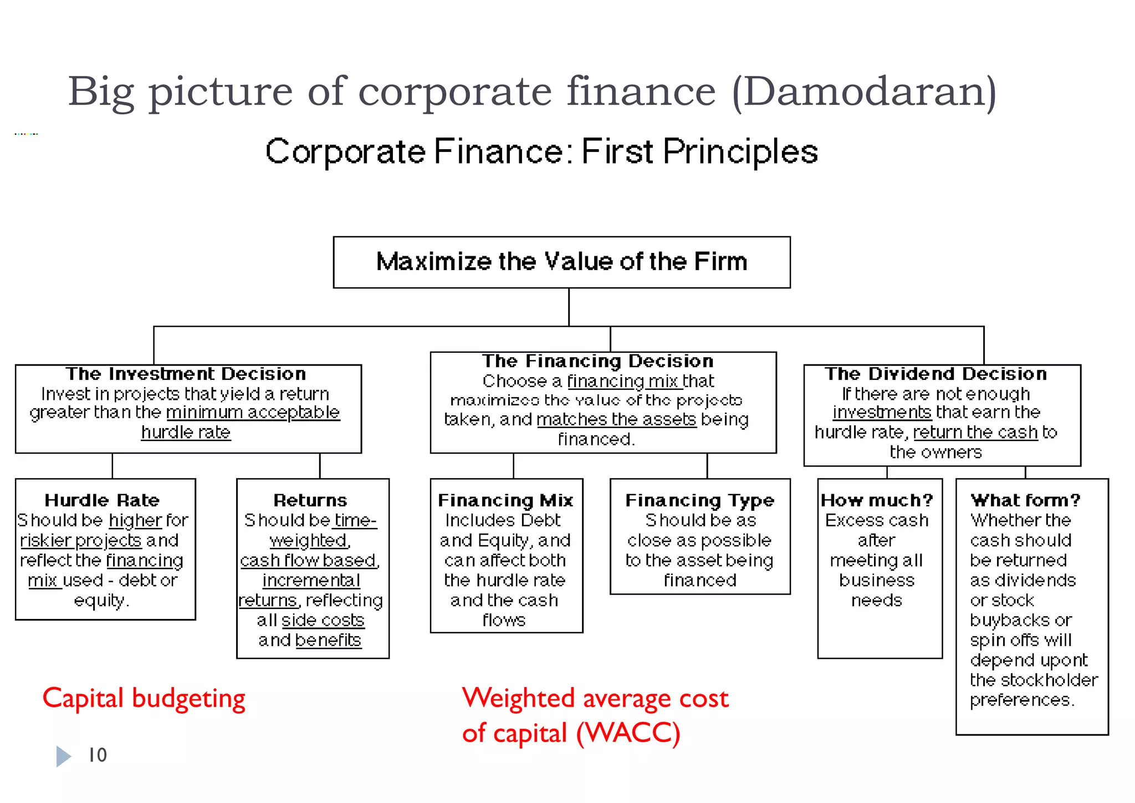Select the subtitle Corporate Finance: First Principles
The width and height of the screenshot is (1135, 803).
click(x=541, y=151)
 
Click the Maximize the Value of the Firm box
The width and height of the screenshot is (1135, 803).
click(x=561, y=262)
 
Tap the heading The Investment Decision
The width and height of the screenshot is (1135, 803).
click(x=186, y=374)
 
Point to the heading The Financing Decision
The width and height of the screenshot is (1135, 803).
click(x=598, y=361)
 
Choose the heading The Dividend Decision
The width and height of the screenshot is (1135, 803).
click(x=936, y=374)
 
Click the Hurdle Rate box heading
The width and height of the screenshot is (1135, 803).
click(x=102, y=500)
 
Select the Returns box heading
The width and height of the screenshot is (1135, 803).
click(x=310, y=500)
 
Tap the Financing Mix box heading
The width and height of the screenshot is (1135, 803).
click(x=505, y=500)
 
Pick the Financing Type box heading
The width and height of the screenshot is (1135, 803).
click(x=699, y=500)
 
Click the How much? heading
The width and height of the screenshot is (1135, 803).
click(x=877, y=500)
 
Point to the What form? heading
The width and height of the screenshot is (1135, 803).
click(x=1025, y=500)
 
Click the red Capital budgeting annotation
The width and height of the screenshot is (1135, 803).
click(x=144, y=698)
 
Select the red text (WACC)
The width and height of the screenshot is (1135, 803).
click(x=628, y=733)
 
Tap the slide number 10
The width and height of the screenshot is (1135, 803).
click(x=98, y=755)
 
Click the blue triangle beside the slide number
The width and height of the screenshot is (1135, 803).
click(x=63, y=756)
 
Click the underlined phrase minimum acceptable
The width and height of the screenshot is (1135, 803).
click(x=253, y=412)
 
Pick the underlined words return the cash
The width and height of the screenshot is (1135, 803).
click(x=975, y=432)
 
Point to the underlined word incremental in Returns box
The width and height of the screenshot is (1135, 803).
click(x=311, y=580)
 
